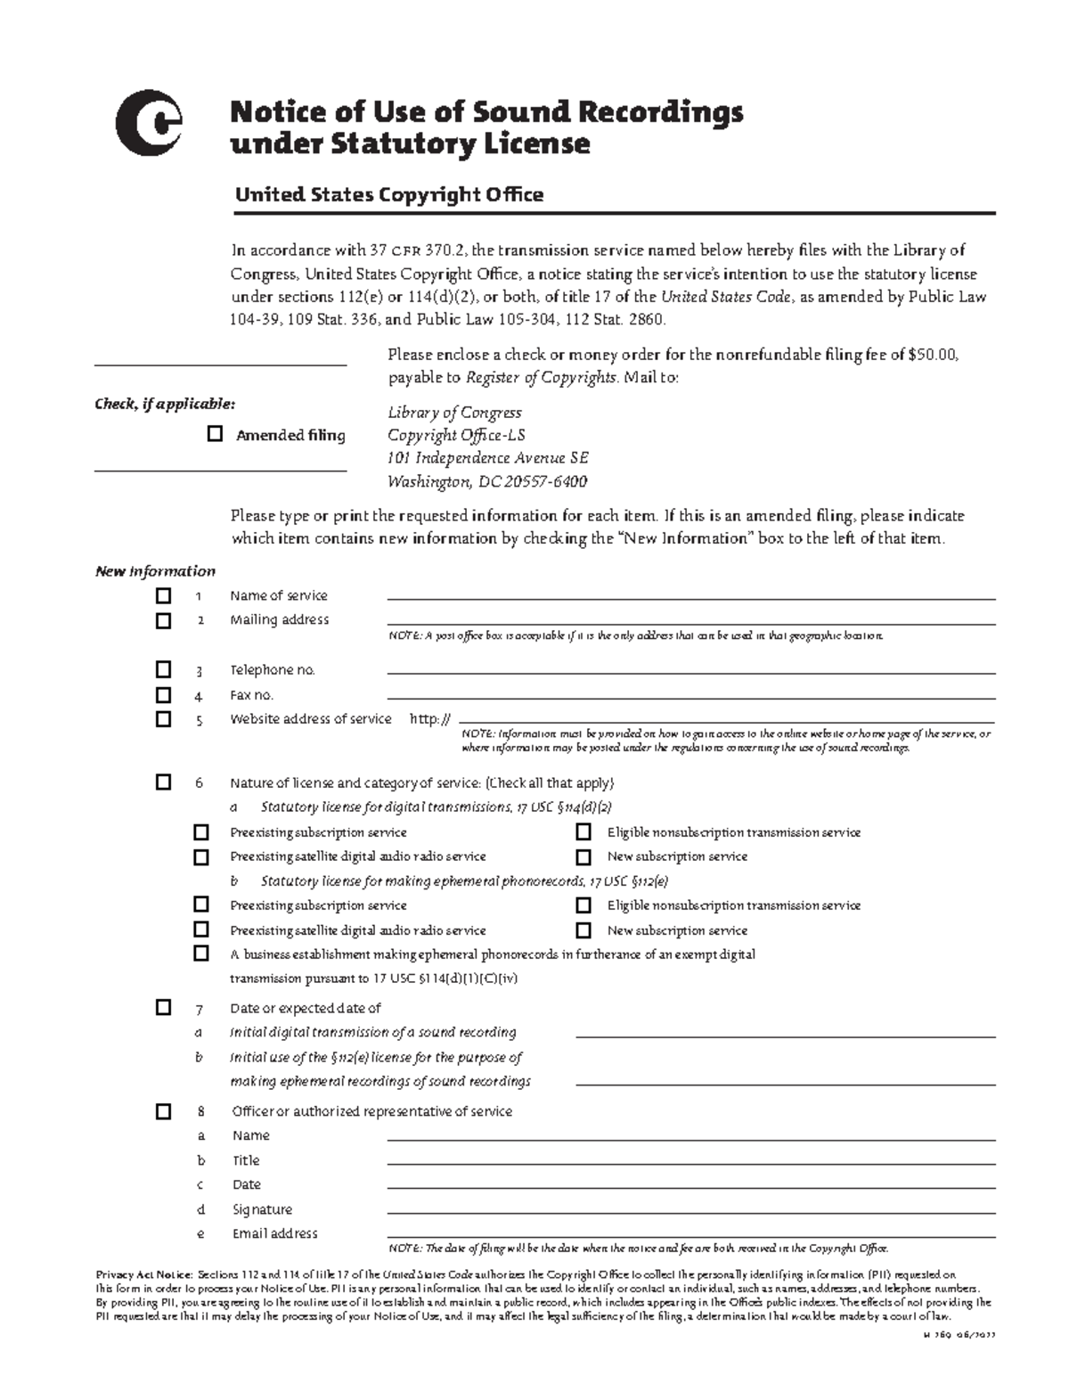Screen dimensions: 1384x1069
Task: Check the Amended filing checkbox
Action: click(x=215, y=434)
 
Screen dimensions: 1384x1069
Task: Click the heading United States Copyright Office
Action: click(x=388, y=194)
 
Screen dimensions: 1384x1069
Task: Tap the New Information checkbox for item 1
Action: click(x=163, y=595)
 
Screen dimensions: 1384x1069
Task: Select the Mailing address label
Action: click(x=279, y=619)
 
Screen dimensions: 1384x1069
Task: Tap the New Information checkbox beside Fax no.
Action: click(x=163, y=694)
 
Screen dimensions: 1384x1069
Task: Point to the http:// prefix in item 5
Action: click(x=430, y=719)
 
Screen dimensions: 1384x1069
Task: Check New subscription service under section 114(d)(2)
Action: click(x=583, y=856)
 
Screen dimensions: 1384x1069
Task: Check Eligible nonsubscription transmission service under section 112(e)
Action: click(x=583, y=905)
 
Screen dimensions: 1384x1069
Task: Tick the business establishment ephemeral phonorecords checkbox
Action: click(x=201, y=954)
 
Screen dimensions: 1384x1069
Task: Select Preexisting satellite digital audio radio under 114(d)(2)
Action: click(x=201, y=856)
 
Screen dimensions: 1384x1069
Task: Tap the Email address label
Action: click(x=274, y=1233)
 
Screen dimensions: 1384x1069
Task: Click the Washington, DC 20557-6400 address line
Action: click(x=486, y=481)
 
